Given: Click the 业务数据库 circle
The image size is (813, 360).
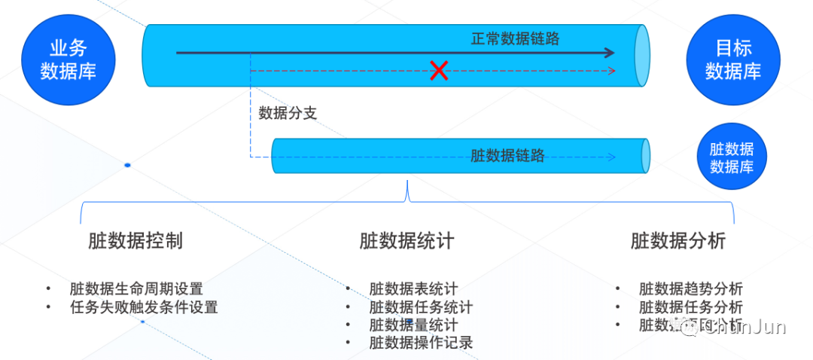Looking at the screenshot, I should tap(69, 59).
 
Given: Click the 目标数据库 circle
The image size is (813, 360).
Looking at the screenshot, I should tap(732, 60).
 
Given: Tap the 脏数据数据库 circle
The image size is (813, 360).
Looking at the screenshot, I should tap(732, 158).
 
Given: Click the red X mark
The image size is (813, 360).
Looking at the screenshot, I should tap(439, 71).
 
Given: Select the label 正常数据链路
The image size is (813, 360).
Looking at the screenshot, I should tap(516, 38).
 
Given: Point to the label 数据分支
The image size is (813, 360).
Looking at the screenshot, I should tap(288, 113).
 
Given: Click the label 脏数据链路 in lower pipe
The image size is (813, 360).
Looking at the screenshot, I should tap(507, 156).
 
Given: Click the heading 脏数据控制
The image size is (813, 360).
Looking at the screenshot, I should tap(135, 241).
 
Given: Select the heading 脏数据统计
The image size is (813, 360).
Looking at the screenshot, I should tap(406, 241).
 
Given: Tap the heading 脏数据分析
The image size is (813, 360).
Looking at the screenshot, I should tap(678, 241).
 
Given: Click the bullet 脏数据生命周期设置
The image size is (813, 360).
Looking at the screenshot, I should tap(136, 288).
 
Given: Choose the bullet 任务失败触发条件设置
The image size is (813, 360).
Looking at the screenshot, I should tap(143, 307).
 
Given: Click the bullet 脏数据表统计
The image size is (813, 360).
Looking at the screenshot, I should tap(413, 288).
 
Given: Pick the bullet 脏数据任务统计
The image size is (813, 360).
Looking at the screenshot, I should tap(421, 307).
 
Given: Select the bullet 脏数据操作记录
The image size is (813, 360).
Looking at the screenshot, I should tap(421, 343).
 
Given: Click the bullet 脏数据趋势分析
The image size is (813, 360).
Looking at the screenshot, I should tap(690, 288).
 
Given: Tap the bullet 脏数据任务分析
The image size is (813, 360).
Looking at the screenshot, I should tap(690, 307).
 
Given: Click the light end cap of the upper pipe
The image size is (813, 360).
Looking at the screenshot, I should tap(641, 55).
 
